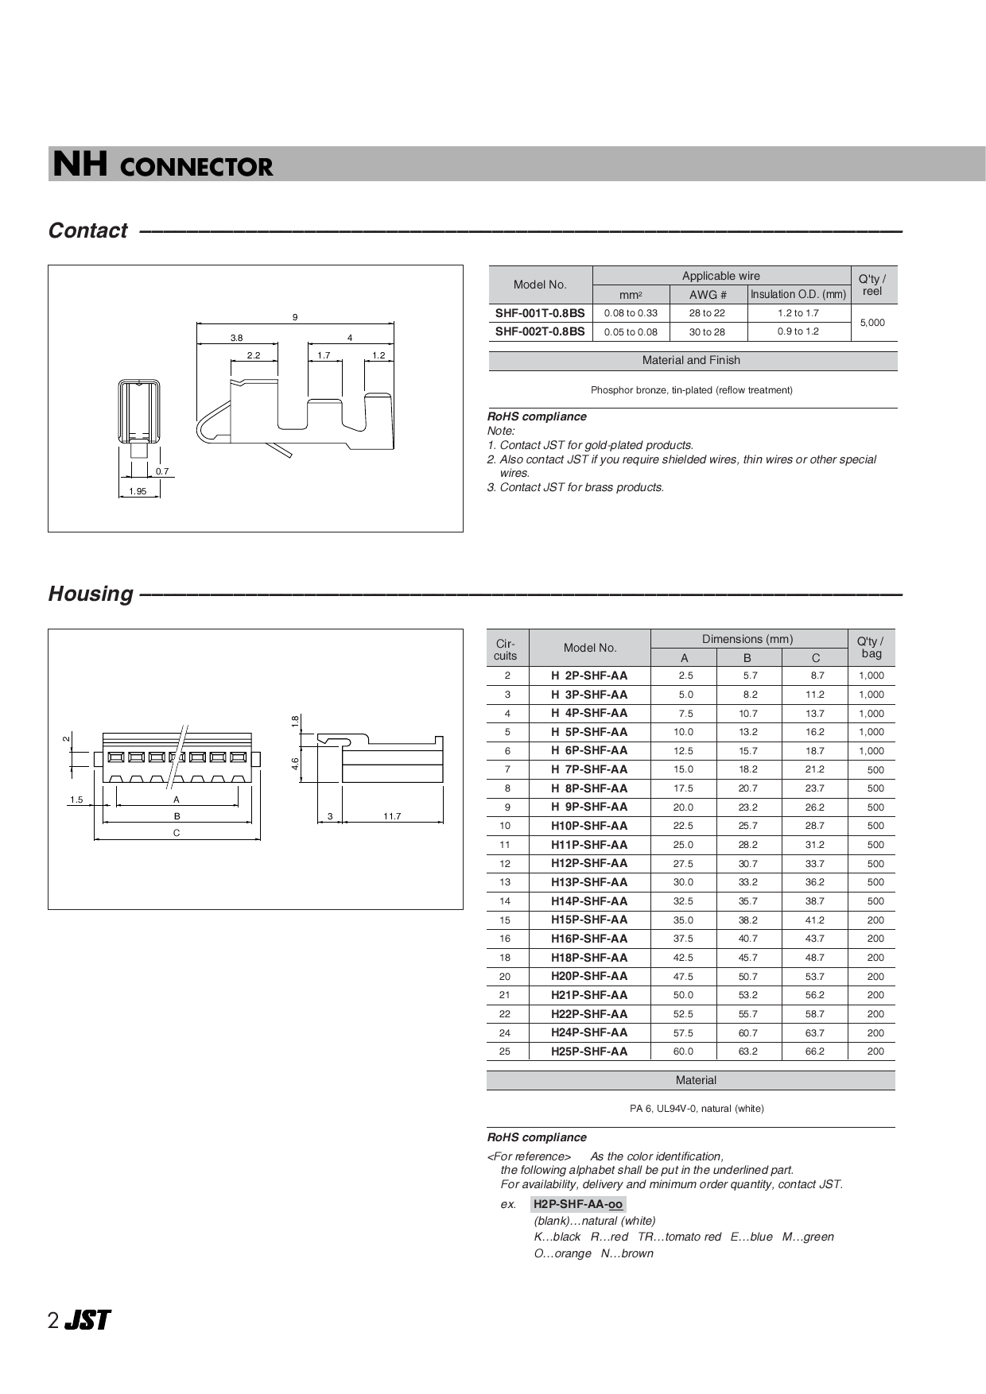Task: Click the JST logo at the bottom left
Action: tap(87, 1321)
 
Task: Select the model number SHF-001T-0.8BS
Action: tap(540, 313)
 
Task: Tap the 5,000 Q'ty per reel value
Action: tap(872, 323)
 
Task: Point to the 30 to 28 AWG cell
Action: tap(707, 332)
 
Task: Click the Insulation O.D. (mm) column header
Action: tap(798, 295)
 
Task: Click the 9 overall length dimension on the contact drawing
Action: tap(295, 317)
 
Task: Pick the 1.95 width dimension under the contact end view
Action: tap(138, 492)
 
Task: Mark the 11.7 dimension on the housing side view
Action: tap(392, 816)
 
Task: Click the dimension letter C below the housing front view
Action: tap(177, 833)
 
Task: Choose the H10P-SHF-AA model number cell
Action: tap(589, 826)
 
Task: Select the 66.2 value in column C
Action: tap(815, 1051)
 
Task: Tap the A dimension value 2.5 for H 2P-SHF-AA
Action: tap(685, 676)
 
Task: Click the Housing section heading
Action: tap(91, 594)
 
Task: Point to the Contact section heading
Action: tap(87, 230)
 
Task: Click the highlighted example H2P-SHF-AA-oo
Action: tap(578, 1205)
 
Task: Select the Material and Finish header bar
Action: tap(691, 361)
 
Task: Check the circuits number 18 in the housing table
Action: tap(505, 958)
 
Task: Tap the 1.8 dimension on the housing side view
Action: tap(295, 721)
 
